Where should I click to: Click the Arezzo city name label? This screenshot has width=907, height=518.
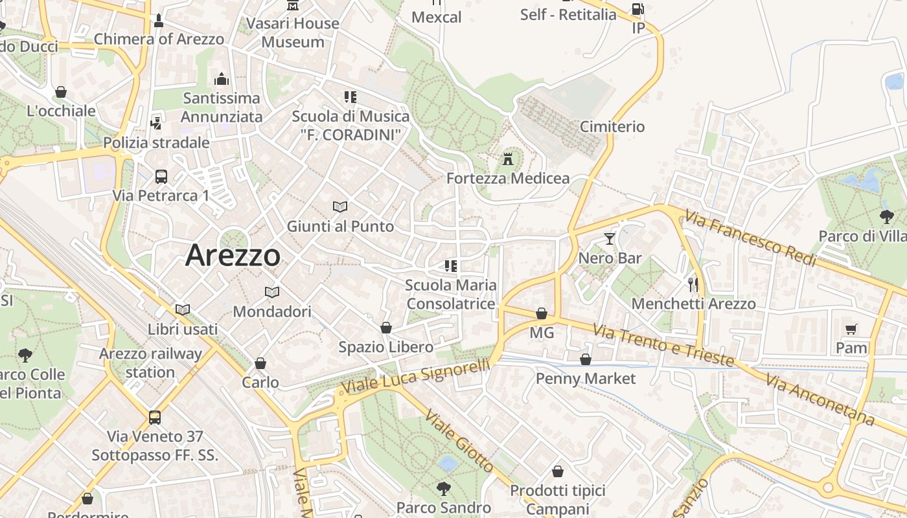click(233, 256)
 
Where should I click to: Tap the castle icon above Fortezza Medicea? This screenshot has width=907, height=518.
click(508, 158)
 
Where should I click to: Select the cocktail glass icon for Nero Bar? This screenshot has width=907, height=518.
click(609, 239)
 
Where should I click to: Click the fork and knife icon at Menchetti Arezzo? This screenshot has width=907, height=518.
click(693, 284)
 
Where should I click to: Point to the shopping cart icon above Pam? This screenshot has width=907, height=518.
click(851, 329)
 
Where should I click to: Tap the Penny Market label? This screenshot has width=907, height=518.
click(586, 378)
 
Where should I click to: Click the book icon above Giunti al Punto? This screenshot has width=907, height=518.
click(340, 207)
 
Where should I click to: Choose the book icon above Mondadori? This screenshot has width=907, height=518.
click(272, 292)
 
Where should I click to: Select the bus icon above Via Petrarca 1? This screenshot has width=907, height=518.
click(161, 176)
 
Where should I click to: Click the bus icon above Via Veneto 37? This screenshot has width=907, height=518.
click(155, 418)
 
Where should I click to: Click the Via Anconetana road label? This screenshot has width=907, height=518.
click(820, 400)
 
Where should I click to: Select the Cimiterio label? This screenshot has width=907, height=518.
click(612, 126)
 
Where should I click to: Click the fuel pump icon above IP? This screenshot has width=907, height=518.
click(637, 9)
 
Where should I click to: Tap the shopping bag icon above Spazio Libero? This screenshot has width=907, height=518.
click(386, 328)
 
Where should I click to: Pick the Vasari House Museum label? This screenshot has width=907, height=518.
click(293, 32)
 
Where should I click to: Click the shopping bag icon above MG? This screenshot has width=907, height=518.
click(542, 314)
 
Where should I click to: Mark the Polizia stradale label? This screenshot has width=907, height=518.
click(156, 142)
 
